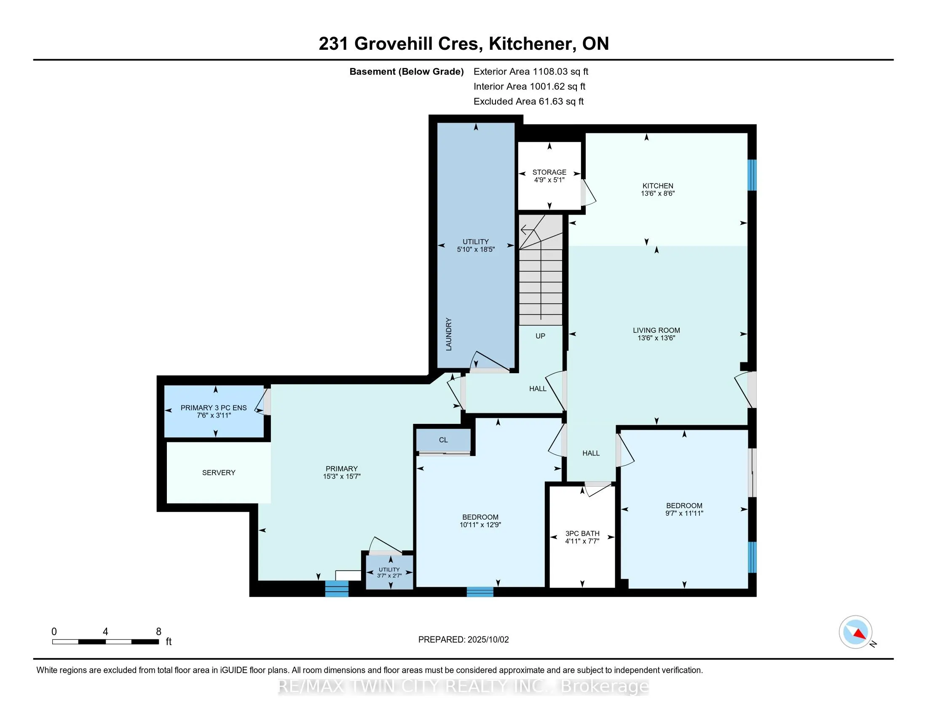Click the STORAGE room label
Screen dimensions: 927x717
(549, 172)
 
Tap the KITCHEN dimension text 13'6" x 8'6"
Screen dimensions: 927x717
(657, 193)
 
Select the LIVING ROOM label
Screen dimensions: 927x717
(656, 330)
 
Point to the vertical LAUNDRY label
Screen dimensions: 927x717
(449, 334)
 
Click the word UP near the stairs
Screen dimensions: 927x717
(540, 336)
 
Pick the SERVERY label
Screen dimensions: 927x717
(219, 472)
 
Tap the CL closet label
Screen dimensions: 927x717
(443, 439)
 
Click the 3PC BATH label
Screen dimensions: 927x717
(582, 533)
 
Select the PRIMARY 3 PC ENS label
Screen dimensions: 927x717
(214, 408)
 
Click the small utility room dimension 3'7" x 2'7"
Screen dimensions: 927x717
(389, 576)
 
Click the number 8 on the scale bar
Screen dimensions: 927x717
(159, 632)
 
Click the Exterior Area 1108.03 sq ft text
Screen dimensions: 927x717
(531, 71)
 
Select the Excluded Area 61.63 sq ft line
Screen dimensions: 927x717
(529, 101)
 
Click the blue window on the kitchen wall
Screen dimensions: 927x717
(752, 175)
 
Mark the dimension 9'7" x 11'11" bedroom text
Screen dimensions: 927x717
(684, 513)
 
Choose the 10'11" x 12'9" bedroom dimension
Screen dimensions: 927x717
(480, 525)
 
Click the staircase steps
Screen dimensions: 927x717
(541, 270)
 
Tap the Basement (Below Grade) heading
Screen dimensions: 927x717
(407, 71)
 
